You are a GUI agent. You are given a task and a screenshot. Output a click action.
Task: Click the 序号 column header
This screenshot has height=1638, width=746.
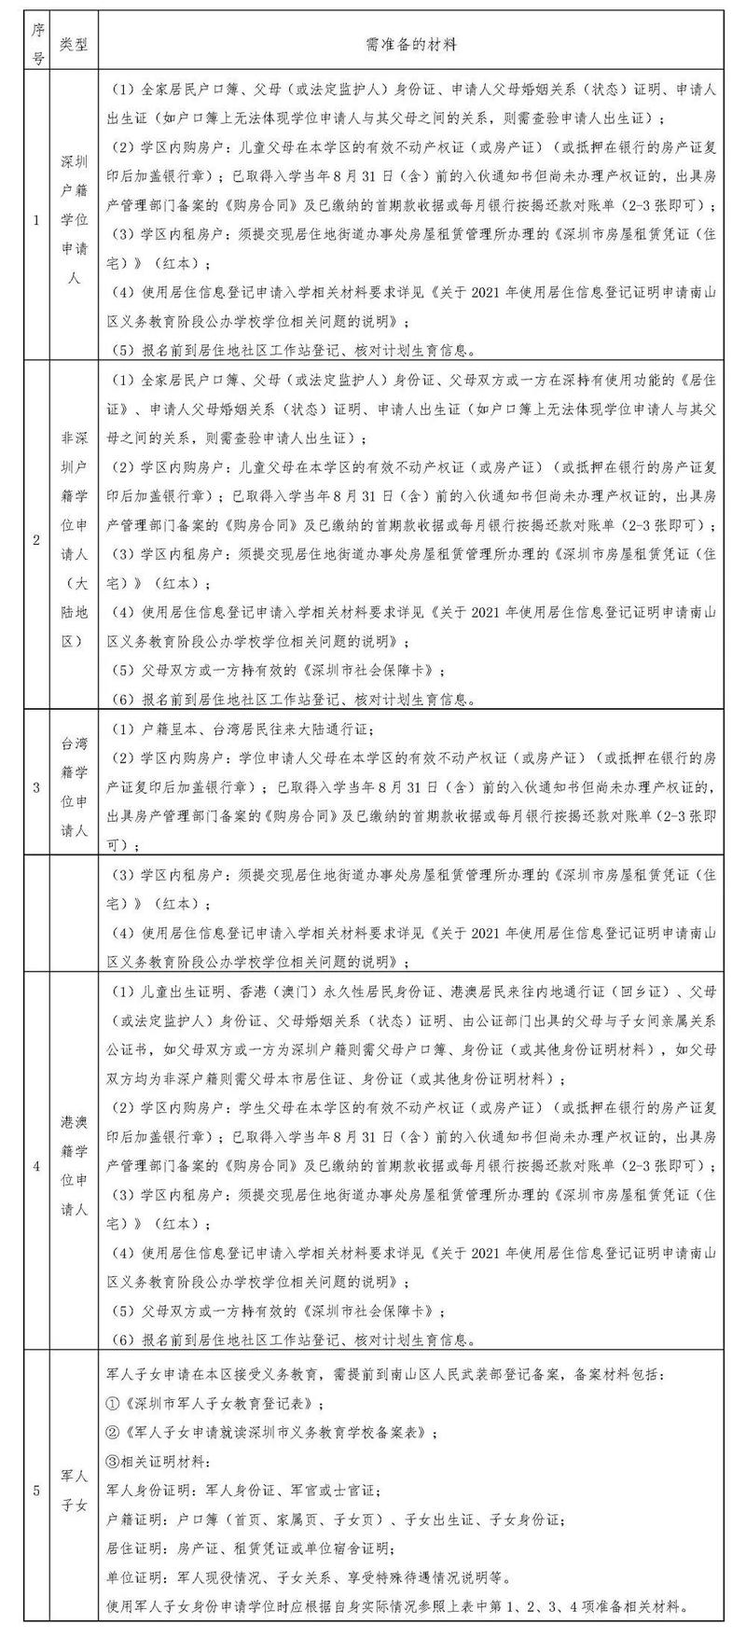click(38, 44)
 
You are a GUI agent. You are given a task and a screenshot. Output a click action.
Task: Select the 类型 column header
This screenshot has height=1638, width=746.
click(74, 44)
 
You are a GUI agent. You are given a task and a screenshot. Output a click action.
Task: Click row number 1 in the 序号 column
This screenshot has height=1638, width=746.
click(37, 221)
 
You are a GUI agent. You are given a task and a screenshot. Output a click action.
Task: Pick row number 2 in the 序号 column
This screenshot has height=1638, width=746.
click(37, 539)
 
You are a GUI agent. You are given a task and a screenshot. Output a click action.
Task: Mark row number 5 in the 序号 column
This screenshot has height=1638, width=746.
click(37, 1491)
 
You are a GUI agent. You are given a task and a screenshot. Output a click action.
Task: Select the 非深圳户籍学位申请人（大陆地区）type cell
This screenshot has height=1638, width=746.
click(74, 539)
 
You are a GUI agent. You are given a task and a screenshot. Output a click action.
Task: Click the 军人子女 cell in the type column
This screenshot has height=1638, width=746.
click(74, 1491)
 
